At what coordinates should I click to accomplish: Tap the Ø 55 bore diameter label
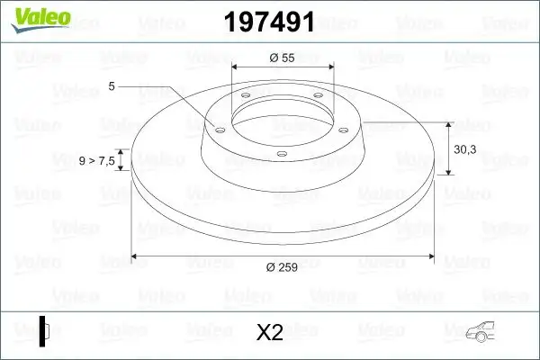point(282,57)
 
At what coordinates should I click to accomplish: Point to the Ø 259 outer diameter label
point(282,265)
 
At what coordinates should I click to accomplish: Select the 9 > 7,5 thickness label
point(96,161)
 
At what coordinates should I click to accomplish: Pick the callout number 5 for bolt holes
point(112,85)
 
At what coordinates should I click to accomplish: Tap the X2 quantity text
point(270,332)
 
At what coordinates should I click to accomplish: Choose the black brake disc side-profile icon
point(44,331)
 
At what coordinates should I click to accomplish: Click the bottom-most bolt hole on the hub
point(282,154)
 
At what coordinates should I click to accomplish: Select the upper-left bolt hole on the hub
point(245,99)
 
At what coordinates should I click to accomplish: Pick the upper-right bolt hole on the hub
point(319,99)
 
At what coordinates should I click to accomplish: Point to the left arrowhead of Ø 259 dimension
point(136,255)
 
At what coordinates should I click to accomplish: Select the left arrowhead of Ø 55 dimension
point(236,67)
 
